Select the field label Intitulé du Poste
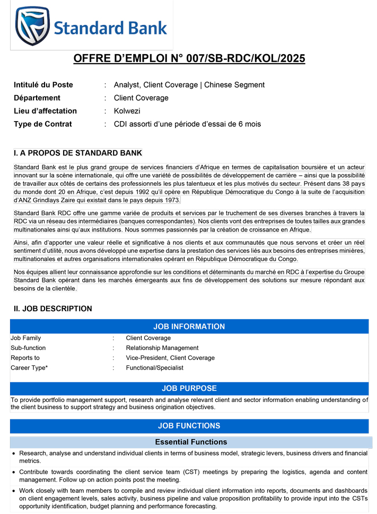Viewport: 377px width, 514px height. [43, 85]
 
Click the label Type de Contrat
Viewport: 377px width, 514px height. [43, 124]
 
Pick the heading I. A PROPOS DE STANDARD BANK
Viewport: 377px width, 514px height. [78, 153]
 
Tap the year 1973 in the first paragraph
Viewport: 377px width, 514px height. [171, 200]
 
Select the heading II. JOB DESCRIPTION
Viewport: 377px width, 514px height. [52, 309]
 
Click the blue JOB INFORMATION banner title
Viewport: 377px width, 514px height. [189, 327]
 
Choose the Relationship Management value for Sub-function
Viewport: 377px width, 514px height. [162, 348]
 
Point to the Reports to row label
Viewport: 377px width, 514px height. [25, 358]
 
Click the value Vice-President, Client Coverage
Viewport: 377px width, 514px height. [170, 358]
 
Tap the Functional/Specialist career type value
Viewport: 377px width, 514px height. [154, 367]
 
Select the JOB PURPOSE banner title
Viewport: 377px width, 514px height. [189, 389]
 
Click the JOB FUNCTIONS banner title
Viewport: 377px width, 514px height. [189, 426]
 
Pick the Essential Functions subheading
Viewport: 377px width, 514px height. [191, 442]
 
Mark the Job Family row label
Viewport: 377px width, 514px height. [25, 338]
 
